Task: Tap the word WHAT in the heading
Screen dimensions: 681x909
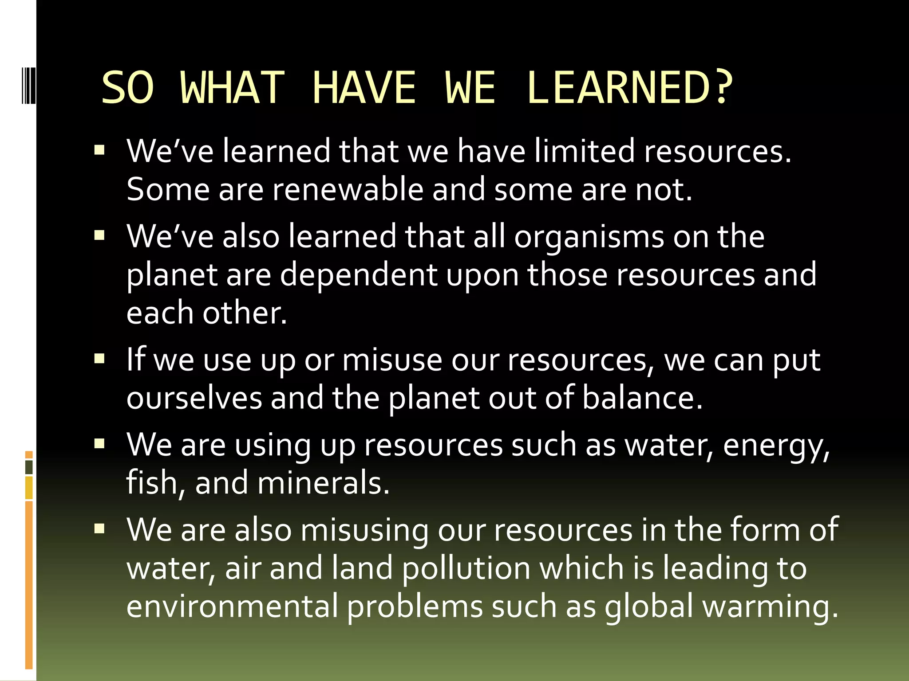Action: [233, 87]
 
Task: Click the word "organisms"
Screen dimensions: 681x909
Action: [589, 236]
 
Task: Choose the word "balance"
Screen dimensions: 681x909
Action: [642, 398]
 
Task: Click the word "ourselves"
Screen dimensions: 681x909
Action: [194, 398]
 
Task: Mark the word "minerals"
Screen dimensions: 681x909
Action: [323, 483]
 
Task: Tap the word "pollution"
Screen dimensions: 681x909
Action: [466, 568]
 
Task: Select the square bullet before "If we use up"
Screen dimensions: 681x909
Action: [99, 358]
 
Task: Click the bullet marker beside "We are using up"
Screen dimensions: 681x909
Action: [99, 443]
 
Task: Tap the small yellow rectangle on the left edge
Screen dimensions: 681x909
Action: [29, 488]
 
